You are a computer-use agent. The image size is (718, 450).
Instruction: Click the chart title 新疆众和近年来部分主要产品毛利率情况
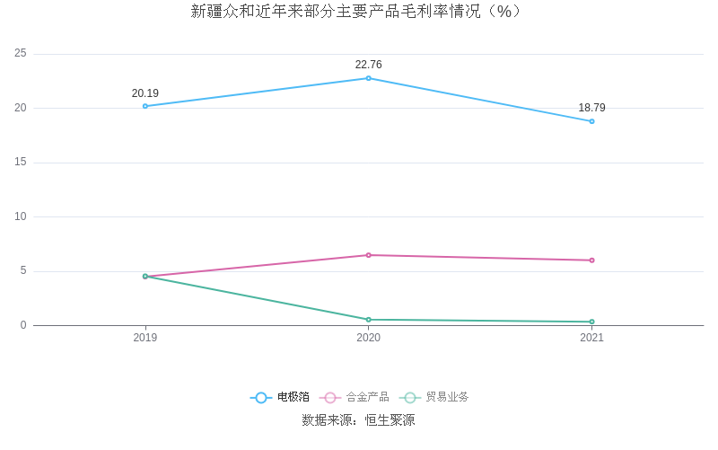point(356,12)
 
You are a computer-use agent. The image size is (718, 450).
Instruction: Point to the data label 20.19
point(145,93)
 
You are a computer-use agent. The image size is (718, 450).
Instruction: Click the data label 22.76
point(368,65)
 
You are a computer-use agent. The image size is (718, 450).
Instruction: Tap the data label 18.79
point(591,108)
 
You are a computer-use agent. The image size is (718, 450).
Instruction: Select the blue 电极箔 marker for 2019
point(145,106)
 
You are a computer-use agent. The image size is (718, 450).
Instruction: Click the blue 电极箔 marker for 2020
point(368,78)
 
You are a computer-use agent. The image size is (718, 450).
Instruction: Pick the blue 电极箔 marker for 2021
point(591,121)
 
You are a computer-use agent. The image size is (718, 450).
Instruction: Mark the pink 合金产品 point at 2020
point(368,255)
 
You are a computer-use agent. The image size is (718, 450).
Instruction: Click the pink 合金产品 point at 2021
point(591,260)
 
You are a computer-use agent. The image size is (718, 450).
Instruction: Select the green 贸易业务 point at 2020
point(368,320)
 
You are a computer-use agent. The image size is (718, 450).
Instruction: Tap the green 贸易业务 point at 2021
point(591,322)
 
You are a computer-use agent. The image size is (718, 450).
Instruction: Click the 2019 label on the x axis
point(145,338)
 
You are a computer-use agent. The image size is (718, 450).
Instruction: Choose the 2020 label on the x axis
point(368,338)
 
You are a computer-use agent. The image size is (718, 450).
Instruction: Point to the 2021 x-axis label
point(591,338)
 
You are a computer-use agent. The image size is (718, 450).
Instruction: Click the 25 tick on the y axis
point(21,54)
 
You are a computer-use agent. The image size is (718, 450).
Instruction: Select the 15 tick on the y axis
point(21,163)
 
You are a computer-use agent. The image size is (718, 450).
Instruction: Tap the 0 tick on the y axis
point(23,325)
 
